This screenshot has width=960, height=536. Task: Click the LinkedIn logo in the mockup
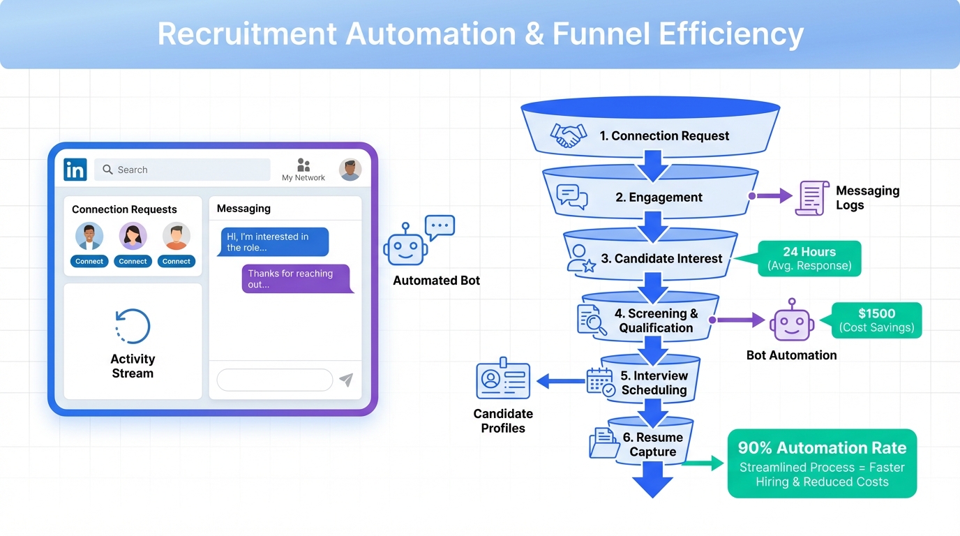coord(75,170)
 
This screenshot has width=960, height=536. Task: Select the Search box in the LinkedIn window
coord(182,170)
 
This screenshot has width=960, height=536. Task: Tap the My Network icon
coord(303,165)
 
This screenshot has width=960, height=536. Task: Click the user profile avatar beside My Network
coord(350,170)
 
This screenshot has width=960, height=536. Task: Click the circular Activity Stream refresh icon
coord(133,326)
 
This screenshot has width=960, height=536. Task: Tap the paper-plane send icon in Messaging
coord(346,380)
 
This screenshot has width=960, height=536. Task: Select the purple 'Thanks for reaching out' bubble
coord(297,279)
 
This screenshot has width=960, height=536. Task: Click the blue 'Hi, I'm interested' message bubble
coord(273,242)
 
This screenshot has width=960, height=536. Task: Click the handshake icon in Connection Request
coord(566,135)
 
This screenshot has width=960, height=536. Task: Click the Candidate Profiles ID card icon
coord(502,381)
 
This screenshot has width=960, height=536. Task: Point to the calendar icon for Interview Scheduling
coord(600,382)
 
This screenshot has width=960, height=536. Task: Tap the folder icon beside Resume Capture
coord(603,444)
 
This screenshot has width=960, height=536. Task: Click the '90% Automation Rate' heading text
coord(822,448)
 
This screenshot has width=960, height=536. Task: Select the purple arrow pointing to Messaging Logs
coord(771,196)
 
